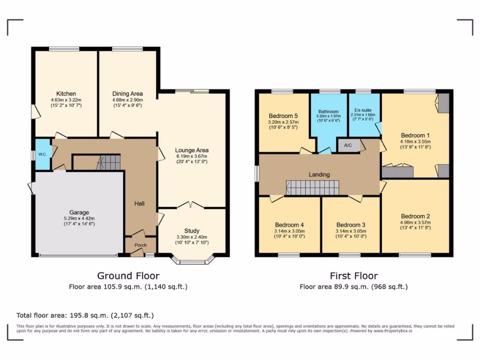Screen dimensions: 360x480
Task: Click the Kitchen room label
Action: pyautogui.click(x=66, y=94)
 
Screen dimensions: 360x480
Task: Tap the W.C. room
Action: pyautogui.click(x=42, y=154)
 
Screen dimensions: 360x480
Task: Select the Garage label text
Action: pyautogui.click(x=79, y=212)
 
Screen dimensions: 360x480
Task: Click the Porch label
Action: pyautogui.click(x=141, y=245)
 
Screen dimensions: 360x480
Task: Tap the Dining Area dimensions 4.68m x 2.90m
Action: pyautogui.click(x=127, y=100)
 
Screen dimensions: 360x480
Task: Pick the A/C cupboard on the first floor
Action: pyautogui.click(x=348, y=145)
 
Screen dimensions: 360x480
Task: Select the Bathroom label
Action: pyautogui.click(x=328, y=112)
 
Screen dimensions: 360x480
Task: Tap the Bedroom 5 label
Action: pyautogui.click(x=283, y=116)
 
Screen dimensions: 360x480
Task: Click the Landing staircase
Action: pyautogui.click(x=312, y=187)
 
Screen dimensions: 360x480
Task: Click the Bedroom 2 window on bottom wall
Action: pyautogui.click(x=415, y=255)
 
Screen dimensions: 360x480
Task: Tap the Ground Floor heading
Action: pyautogui.click(x=128, y=276)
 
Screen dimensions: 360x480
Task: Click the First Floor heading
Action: pyautogui.click(x=353, y=276)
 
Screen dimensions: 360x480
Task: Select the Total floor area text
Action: pyautogui.click(x=85, y=315)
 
